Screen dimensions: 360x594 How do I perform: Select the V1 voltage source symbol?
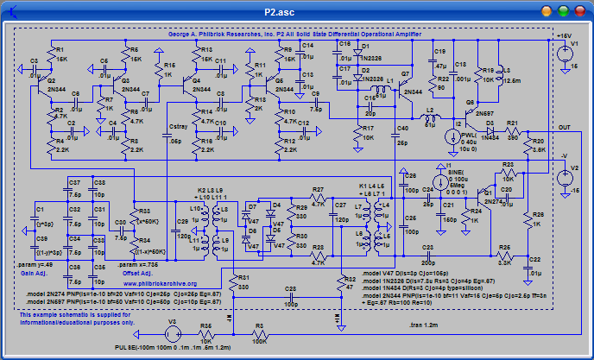click(x=563, y=54)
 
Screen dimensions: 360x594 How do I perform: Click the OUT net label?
click(x=564, y=128)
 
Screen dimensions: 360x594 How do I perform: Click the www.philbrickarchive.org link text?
click(x=160, y=283)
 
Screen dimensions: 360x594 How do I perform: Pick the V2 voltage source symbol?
click(x=563, y=178)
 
